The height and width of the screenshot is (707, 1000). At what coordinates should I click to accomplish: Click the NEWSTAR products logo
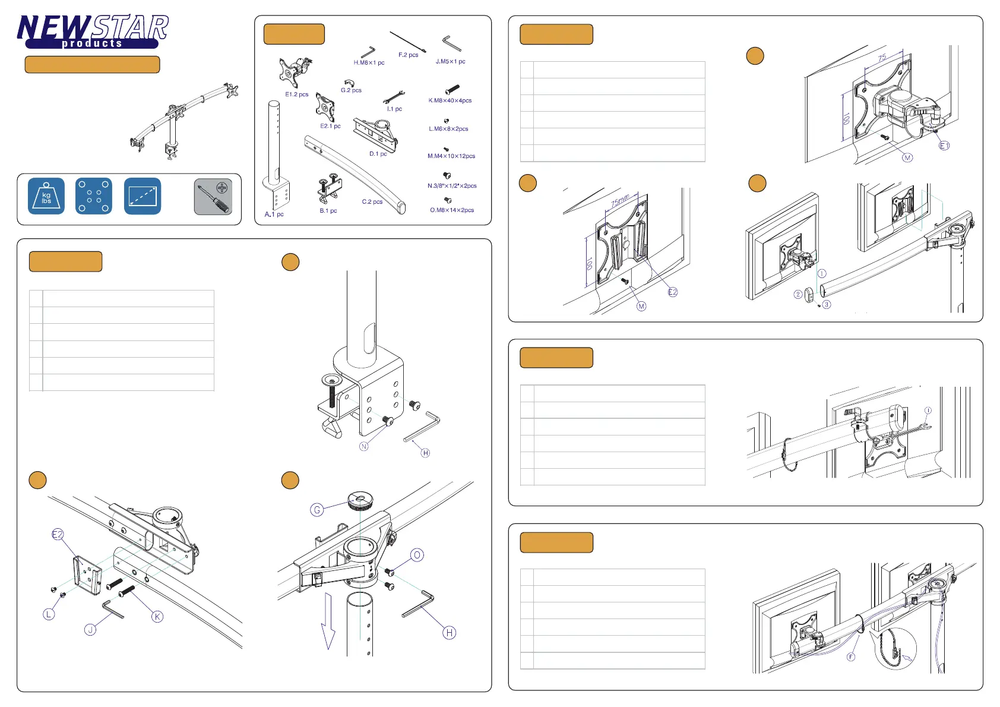tap(93, 31)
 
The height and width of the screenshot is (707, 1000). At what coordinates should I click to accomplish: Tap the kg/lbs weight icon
tap(46, 196)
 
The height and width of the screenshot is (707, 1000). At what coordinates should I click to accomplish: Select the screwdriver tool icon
tap(213, 197)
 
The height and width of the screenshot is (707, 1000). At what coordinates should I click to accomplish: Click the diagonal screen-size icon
tap(143, 196)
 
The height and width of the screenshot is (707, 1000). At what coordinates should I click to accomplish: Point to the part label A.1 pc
tap(274, 214)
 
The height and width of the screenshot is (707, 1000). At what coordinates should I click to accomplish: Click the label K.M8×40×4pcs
tap(450, 100)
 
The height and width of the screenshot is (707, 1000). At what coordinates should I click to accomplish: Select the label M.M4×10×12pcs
tap(451, 156)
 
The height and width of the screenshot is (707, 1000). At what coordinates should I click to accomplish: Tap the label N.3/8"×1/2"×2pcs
tap(452, 186)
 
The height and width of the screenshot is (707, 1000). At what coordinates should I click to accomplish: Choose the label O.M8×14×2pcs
tap(452, 210)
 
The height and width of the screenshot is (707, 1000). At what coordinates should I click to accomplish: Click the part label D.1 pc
tap(378, 154)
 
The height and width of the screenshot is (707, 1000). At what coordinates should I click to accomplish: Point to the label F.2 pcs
tap(408, 55)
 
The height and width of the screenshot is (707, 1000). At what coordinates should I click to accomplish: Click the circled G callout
tap(317, 510)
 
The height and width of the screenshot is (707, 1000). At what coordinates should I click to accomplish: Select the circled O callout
tap(417, 555)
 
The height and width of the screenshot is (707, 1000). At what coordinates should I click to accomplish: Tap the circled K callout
tap(157, 617)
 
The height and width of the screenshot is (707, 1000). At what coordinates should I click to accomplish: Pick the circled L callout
tap(49, 614)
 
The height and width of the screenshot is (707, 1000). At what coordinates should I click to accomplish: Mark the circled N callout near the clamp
tap(364, 446)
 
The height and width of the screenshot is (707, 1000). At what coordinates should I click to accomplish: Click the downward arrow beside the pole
tap(328, 621)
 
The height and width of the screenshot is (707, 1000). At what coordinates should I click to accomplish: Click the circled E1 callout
tap(944, 146)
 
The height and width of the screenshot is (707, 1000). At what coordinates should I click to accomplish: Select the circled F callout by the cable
tap(851, 656)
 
